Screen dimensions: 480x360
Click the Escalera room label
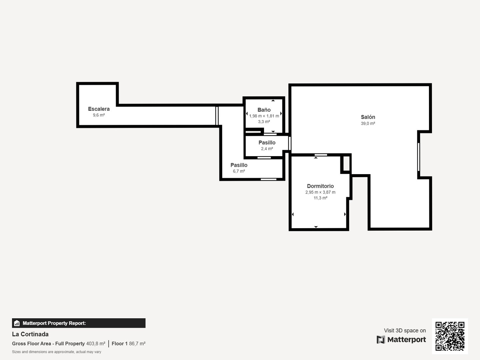[99, 109]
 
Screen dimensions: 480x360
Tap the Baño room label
[264, 110]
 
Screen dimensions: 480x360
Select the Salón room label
[368, 117]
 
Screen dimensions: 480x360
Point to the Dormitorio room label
[320, 186]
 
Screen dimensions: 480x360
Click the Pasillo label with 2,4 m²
[267, 142]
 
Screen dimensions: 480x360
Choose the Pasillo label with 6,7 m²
[239, 165]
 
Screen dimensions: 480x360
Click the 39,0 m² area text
[368, 123]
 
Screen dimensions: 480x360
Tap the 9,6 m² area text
[99, 115]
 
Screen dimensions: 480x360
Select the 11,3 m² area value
[320, 198]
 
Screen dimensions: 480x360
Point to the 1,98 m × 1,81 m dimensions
[264, 116]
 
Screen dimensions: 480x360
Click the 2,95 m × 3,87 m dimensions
[320, 192]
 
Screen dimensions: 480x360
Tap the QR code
[450, 336]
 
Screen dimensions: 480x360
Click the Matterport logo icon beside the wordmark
[381, 340]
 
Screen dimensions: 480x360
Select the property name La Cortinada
[30, 334]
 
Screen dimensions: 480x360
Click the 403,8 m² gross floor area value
[96, 344]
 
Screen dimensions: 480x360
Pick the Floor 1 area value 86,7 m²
[137, 344]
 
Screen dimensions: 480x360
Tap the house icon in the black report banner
[17, 323]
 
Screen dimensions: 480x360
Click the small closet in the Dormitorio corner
[346, 164]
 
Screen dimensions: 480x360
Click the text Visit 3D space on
[405, 330]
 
